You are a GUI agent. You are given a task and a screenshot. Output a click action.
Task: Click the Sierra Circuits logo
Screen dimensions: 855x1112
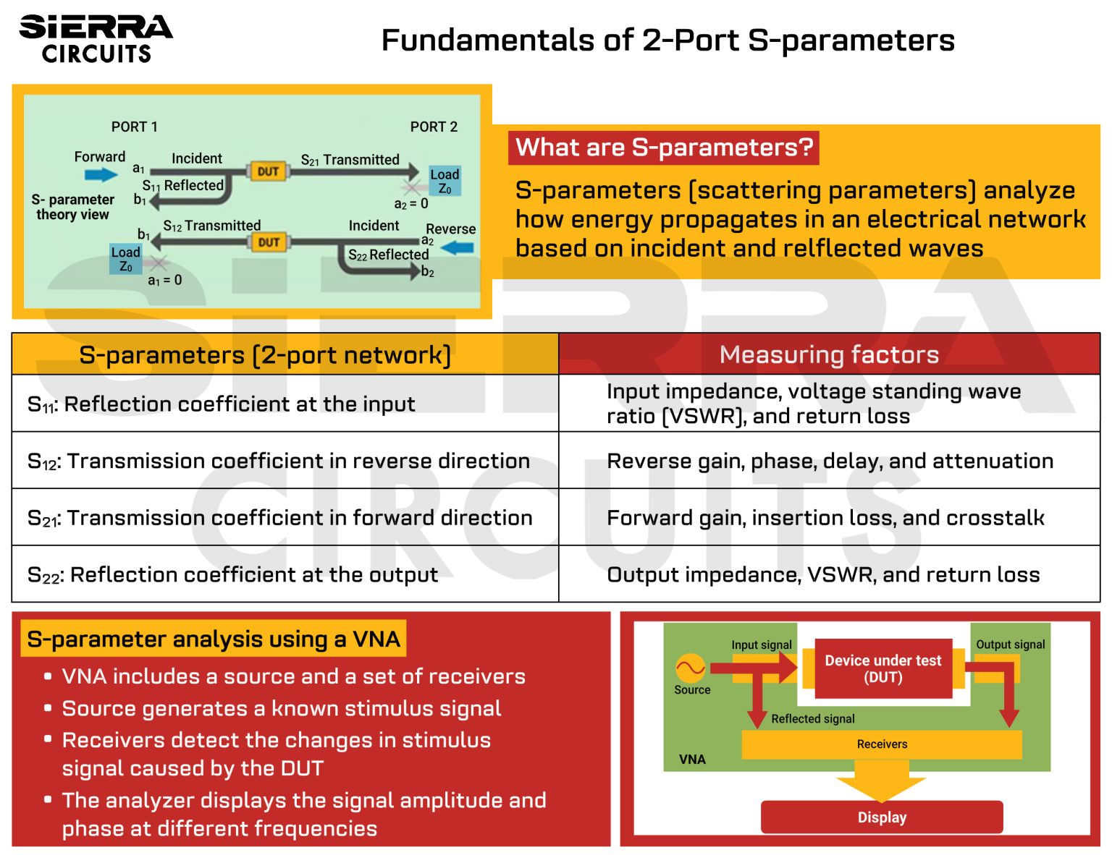96,39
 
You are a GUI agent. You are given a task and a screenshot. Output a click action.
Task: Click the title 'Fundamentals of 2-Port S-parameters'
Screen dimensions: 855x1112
667,41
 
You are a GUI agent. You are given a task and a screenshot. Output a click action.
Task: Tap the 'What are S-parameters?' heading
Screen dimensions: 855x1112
664,148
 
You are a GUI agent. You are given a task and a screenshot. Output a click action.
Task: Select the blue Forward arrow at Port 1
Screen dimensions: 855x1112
101,174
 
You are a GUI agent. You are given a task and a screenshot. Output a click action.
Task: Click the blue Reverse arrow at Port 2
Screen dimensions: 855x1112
457,248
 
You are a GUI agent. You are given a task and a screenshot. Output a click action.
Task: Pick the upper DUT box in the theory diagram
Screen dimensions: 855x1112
268,171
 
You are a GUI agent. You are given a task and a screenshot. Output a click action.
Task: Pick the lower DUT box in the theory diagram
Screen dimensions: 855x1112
269,242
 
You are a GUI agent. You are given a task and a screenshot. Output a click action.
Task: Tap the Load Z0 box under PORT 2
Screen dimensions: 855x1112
444,181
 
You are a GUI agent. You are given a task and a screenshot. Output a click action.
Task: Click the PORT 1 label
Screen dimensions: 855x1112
134,127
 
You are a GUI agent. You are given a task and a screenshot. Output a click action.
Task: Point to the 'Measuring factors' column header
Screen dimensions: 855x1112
829,354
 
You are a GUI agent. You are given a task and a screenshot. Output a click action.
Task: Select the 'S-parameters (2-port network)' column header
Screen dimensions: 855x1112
265,355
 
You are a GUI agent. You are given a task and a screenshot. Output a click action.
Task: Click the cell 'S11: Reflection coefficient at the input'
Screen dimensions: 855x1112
221,404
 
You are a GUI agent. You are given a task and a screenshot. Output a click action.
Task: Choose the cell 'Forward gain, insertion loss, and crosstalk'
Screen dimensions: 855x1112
825,518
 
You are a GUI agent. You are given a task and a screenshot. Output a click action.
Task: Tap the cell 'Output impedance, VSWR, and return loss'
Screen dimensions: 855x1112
823,574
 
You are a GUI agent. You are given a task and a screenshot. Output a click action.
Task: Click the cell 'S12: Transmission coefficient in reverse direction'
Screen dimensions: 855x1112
279,461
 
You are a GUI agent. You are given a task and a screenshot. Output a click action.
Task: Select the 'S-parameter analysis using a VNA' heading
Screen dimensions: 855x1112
213,639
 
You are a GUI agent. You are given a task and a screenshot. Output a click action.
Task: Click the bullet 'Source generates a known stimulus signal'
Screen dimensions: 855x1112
281,708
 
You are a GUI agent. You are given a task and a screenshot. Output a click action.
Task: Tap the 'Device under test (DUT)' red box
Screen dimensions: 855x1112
883,668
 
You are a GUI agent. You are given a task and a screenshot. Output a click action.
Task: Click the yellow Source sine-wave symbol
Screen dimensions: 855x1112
690,668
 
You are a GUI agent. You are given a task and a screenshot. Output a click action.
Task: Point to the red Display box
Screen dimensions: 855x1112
881,817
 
